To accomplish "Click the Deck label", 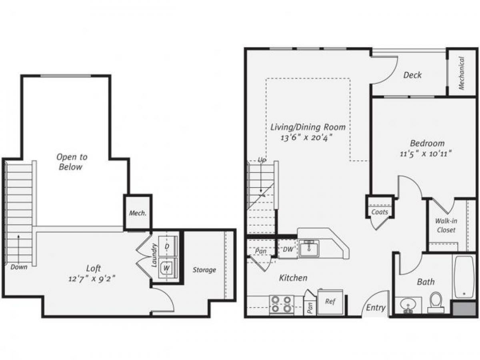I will (x=412, y=75).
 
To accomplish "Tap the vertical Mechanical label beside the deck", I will (x=462, y=73).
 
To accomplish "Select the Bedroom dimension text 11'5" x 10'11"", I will (x=427, y=153).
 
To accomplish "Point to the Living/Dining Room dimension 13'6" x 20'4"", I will (x=307, y=138).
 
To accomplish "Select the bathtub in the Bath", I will (x=464, y=276).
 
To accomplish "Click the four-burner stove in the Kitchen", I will (x=282, y=304).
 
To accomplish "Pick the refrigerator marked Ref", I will (x=330, y=302).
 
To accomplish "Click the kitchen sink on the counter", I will (x=308, y=249).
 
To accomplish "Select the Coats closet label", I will (x=379, y=212).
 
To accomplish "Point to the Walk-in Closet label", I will (x=446, y=226).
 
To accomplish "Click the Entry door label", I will (x=376, y=308).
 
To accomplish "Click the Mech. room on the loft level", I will (x=137, y=213).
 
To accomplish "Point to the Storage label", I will (x=204, y=270).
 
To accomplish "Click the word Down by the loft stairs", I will (x=19, y=267).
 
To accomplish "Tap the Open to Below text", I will (x=71, y=162).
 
